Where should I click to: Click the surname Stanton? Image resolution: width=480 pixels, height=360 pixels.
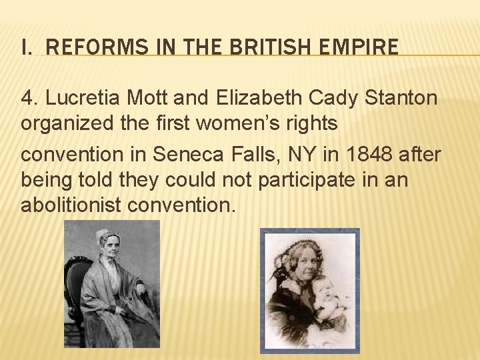(x=401, y=98)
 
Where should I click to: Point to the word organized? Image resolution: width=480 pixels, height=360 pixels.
(x=61, y=125)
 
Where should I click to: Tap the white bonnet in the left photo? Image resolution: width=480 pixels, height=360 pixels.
(x=107, y=237)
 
